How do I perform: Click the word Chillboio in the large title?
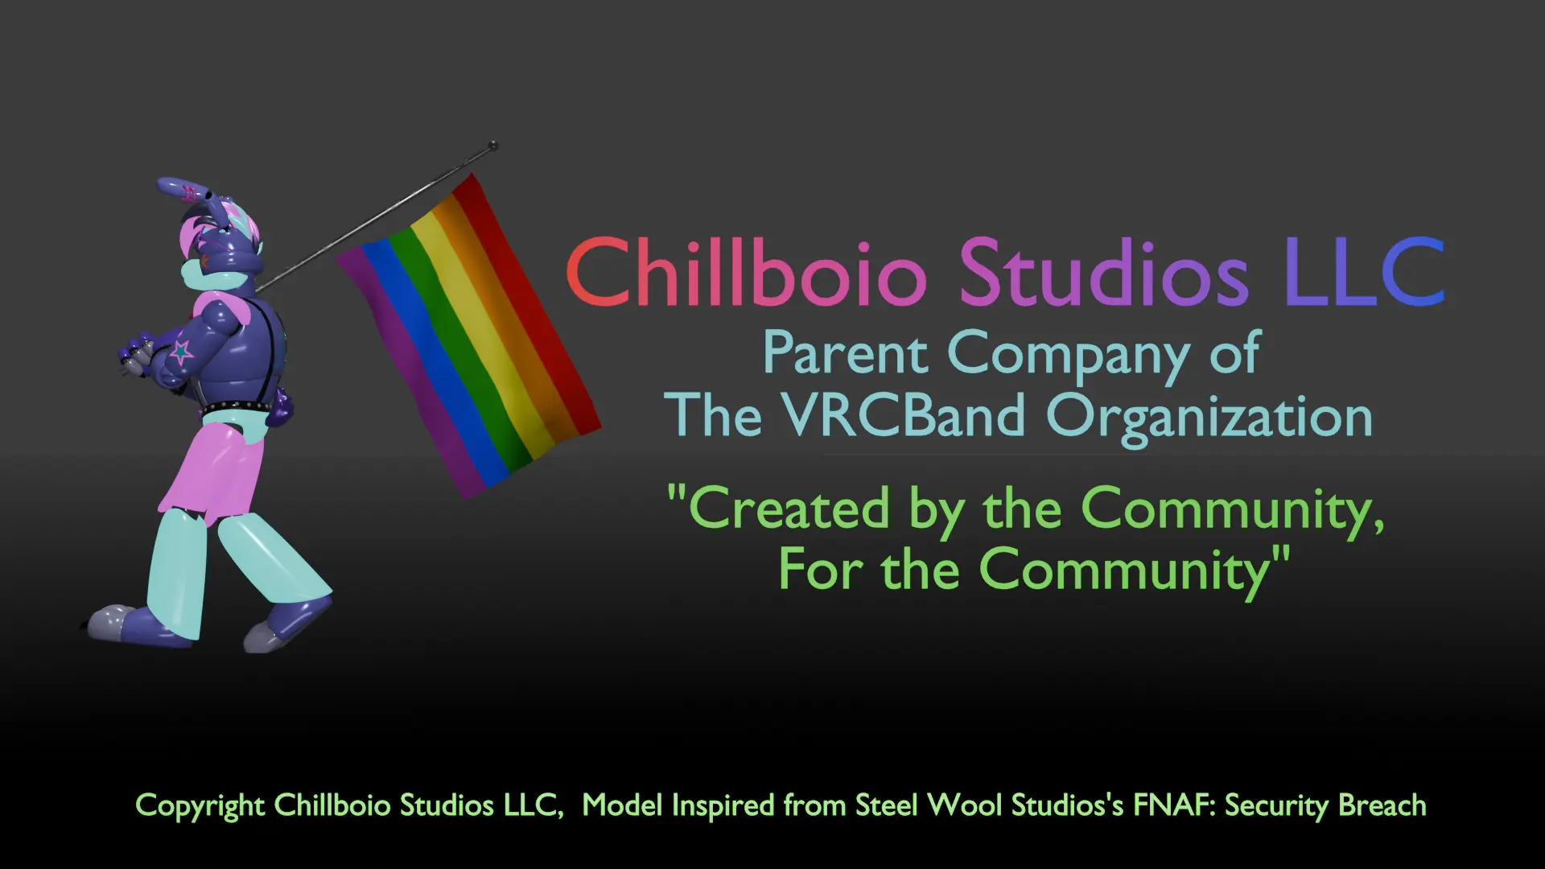coord(746,274)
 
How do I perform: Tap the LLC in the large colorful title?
coord(1365,274)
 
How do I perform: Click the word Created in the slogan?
coord(789,509)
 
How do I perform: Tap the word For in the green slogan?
coord(819,570)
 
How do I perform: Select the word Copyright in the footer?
coord(200,806)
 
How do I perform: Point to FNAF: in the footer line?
coord(1174,805)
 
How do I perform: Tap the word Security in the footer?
coord(1275,806)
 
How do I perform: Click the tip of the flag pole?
coord(493,146)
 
